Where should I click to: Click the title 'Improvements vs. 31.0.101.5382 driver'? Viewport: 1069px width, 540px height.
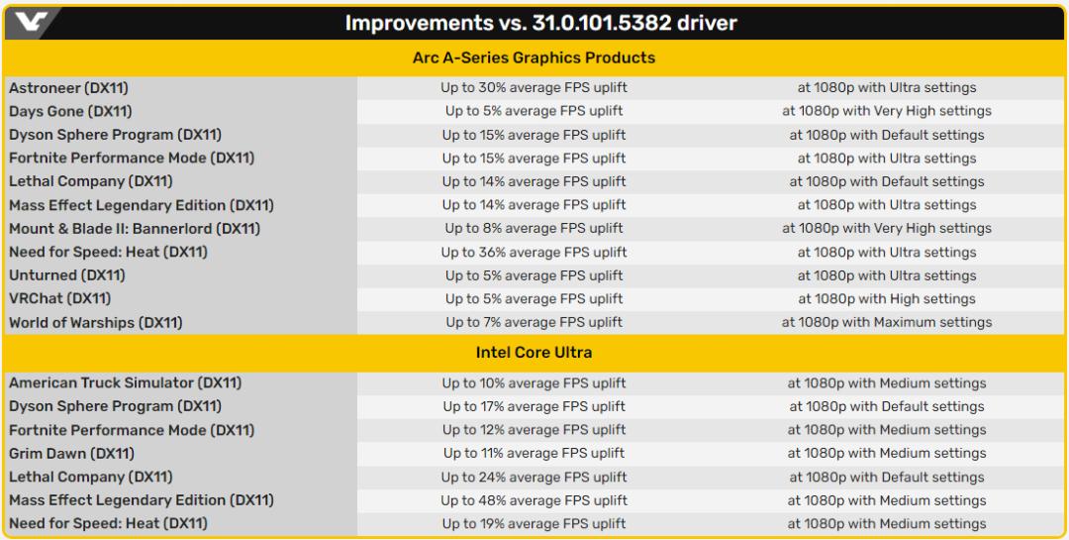pos(540,23)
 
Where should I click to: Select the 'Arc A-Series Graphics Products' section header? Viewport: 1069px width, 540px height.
pos(534,58)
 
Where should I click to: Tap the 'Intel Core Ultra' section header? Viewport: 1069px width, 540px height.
pos(534,353)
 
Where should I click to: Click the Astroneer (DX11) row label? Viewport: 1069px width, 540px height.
pos(68,88)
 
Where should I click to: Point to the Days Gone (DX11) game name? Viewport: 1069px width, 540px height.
pos(70,111)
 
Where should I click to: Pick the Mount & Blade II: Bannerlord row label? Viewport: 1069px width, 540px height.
pos(135,229)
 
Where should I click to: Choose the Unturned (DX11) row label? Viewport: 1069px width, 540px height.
pos(67,275)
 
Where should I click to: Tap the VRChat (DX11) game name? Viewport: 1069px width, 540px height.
pos(60,299)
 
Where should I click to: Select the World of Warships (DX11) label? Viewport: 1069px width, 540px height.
pos(95,323)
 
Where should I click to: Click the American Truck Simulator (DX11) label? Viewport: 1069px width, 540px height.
pos(126,383)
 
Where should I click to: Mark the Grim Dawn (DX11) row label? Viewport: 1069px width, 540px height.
pos(71,454)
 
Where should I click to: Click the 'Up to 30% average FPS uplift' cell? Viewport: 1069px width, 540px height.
pos(534,88)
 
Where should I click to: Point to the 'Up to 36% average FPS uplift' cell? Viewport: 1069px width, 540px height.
pos(534,253)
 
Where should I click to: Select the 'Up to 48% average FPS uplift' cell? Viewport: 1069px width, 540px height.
pos(534,501)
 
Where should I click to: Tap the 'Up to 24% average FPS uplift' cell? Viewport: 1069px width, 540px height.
pos(534,478)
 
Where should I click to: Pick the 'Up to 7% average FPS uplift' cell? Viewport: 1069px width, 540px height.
pos(534,322)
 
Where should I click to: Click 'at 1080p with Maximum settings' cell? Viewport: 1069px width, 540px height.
pos(887,322)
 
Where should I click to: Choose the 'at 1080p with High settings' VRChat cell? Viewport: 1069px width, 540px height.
pos(887,299)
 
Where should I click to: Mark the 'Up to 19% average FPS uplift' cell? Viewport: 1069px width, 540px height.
pos(534,524)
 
